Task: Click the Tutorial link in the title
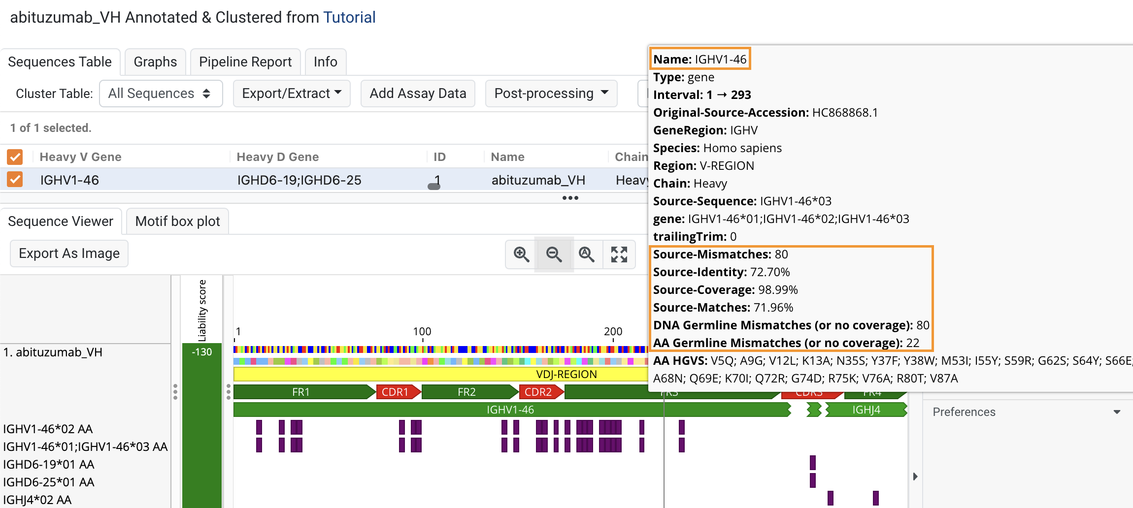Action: coord(349,18)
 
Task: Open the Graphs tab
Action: coord(155,62)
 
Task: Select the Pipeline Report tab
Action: coord(245,62)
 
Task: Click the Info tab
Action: coord(325,62)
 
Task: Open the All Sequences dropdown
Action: coord(161,94)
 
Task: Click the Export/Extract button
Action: coord(292,94)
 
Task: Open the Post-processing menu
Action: coord(551,94)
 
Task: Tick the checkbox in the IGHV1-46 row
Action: coord(15,180)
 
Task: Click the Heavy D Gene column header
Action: coord(278,157)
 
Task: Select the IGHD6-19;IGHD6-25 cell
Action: coord(299,180)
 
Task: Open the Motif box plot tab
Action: coord(177,222)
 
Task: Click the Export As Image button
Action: coord(69,254)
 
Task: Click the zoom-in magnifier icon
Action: coord(521,254)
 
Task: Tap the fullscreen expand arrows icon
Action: coord(619,254)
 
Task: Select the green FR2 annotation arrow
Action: coord(467,392)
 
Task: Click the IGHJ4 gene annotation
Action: coord(866,410)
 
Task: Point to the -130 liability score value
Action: coord(202,352)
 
